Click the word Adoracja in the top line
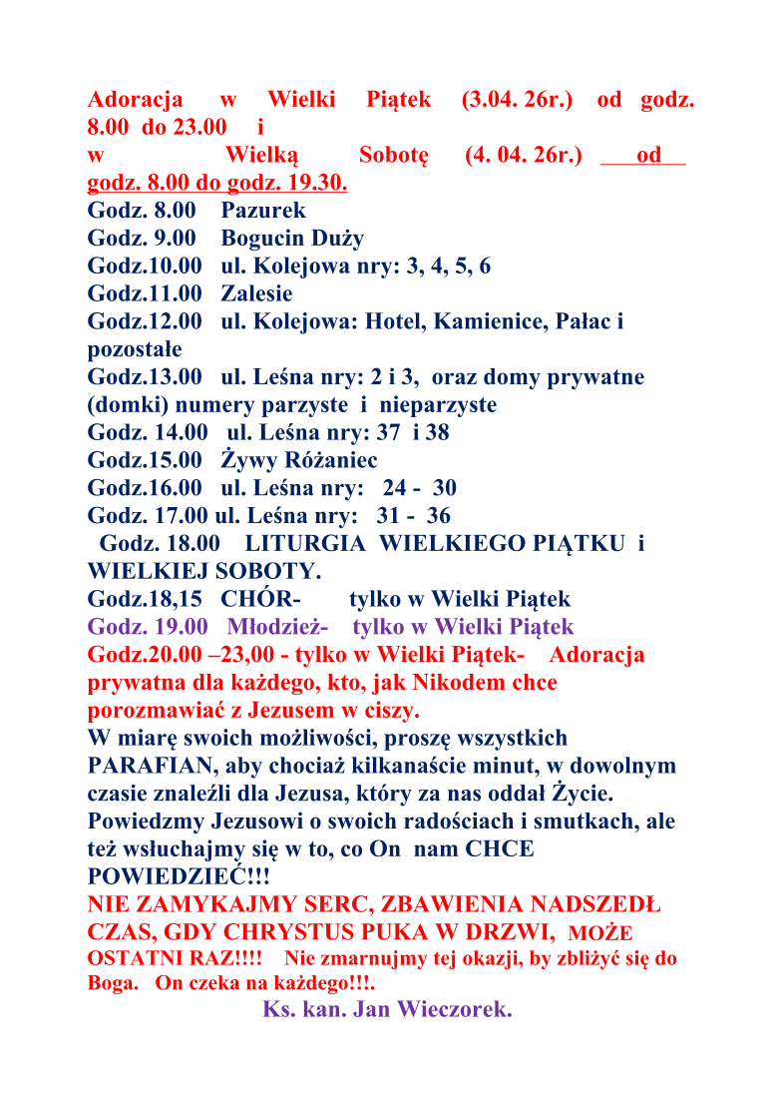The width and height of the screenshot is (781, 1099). tap(135, 100)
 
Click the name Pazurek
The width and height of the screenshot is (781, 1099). tap(263, 211)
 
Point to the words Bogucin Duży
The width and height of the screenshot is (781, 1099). tap(292, 239)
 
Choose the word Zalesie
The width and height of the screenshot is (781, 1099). tap(256, 294)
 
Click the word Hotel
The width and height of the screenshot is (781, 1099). tap(392, 322)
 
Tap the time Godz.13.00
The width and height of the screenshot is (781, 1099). tap(145, 377)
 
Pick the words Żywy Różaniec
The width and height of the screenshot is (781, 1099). tap(299, 461)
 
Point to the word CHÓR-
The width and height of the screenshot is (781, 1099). tap(261, 600)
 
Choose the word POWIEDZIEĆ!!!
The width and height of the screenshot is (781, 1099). tap(179, 877)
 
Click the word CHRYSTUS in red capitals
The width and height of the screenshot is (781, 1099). tap(338, 933)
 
